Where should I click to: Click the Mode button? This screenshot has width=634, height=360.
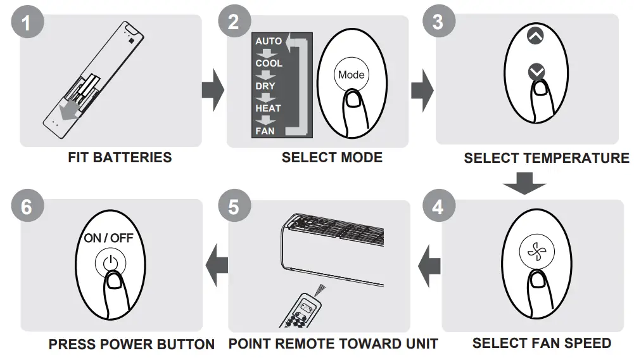tap(351, 75)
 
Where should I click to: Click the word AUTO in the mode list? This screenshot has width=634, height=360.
tap(269, 41)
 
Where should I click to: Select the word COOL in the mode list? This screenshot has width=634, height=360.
tap(269, 63)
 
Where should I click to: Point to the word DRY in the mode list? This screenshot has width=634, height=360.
tap(265, 86)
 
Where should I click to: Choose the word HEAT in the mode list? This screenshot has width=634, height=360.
tap(268, 108)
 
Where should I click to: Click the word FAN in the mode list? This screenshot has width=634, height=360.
tap(265, 131)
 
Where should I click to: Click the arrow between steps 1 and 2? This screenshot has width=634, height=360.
tap(213, 90)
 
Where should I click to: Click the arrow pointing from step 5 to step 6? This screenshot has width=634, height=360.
tap(219, 260)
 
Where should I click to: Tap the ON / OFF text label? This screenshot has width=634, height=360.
tap(108, 238)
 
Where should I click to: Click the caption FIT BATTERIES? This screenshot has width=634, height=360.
tap(120, 157)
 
